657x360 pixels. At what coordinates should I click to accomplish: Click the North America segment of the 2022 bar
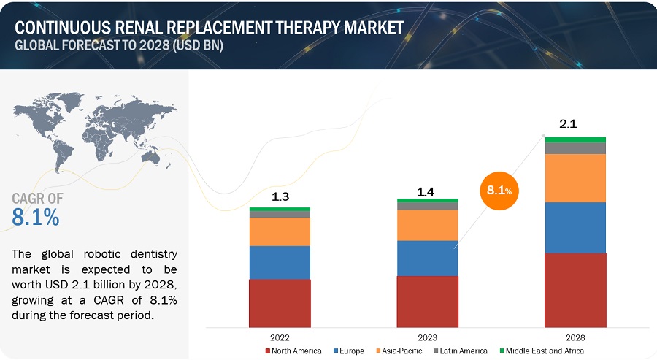tap(280, 302)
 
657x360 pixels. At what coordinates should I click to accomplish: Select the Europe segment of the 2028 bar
tap(575, 227)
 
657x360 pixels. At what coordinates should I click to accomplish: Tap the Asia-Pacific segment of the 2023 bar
tap(427, 225)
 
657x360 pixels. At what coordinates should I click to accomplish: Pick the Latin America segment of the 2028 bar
tap(575, 148)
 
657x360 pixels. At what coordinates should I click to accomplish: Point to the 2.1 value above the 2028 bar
tap(569, 124)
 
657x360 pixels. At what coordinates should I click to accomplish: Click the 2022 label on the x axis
tap(280, 337)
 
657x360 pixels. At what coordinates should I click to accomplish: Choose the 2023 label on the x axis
tap(427, 337)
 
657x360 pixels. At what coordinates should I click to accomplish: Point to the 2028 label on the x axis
tap(575, 337)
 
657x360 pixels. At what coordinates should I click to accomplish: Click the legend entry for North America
tap(293, 351)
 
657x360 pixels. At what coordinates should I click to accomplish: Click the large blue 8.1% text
tap(36, 217)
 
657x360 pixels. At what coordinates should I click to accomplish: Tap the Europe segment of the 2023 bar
tap(427, 258)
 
